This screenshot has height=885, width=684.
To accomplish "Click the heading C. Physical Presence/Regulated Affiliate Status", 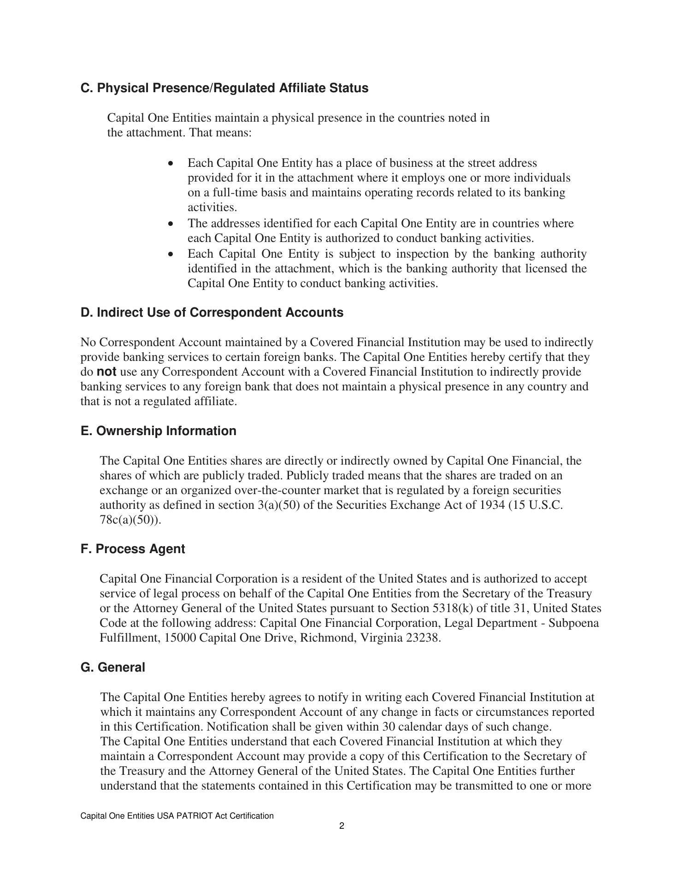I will [x=224, y=88].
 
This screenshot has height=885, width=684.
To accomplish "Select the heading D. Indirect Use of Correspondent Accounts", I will [x=212, y=313].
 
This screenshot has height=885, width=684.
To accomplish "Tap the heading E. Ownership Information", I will [x=158, y=431].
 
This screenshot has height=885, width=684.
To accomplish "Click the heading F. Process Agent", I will [x=133, y=549].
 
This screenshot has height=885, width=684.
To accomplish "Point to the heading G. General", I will [x=112, y=667].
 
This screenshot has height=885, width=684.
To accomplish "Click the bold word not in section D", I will [x=106, y=372].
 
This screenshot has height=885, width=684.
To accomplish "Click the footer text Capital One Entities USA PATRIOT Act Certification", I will [x=177, y=816].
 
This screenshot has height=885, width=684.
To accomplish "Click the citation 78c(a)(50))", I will [x=130, y=520].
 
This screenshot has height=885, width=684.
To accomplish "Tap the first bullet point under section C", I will [x=171, y=164].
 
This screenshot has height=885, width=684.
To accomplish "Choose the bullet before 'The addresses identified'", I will [x=171, y=224].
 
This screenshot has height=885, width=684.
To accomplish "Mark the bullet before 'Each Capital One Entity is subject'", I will [x=171, y=254].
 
